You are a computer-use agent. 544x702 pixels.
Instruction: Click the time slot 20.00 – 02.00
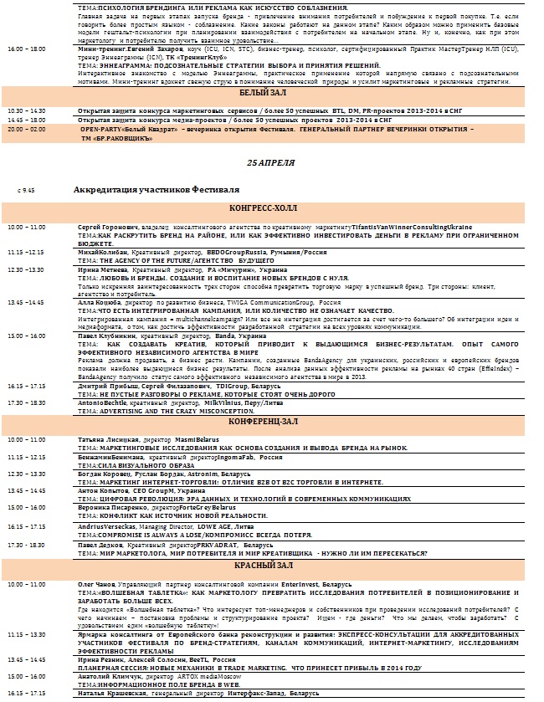click(x=26, y=130)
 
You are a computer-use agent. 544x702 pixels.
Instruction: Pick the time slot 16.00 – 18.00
click(x=26, y=49)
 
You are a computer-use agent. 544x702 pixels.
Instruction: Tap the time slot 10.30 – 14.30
click(x=26, y=110)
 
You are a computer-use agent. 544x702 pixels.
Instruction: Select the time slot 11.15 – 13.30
click(x=26, y=634)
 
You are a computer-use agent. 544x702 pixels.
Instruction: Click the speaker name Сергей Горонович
click(x=100, y=228)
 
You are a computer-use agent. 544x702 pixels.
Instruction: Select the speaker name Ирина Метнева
click(x=97, y=270)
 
